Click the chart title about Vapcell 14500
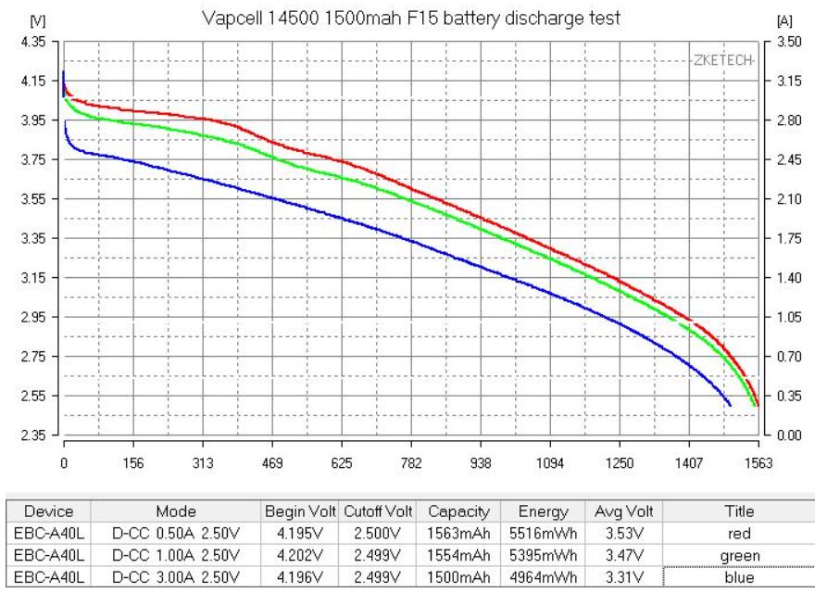(x=413, y=19)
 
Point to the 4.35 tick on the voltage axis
(x=34, y=42)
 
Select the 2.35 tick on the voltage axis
(x=34, y=435)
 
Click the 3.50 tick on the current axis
(x=789, y=42)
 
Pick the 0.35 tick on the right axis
(x=789, y=396)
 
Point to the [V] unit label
(x=38, y=19)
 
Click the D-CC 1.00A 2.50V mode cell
(x=175, y=554)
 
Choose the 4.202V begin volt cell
(x=302, y=554)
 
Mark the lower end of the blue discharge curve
(x=731, y=405)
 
